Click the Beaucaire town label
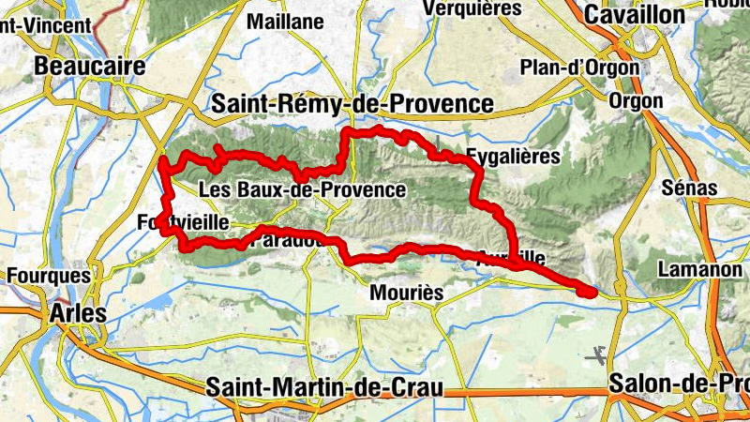point(90,67)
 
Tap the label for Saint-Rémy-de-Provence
point(352,104)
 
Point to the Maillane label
point(285,21)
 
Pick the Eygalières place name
point(513,157)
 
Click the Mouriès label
point(407,293)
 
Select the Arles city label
point(80,312)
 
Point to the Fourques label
point(49,276)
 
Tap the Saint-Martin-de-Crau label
point(323,387)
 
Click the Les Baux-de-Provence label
point(303,190)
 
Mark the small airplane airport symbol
point(593,355)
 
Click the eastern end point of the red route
point(588,292)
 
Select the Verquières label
point(472,8)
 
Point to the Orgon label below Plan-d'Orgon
point(636,100)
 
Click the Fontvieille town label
point(183,223)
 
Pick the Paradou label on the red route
point(291,241)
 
